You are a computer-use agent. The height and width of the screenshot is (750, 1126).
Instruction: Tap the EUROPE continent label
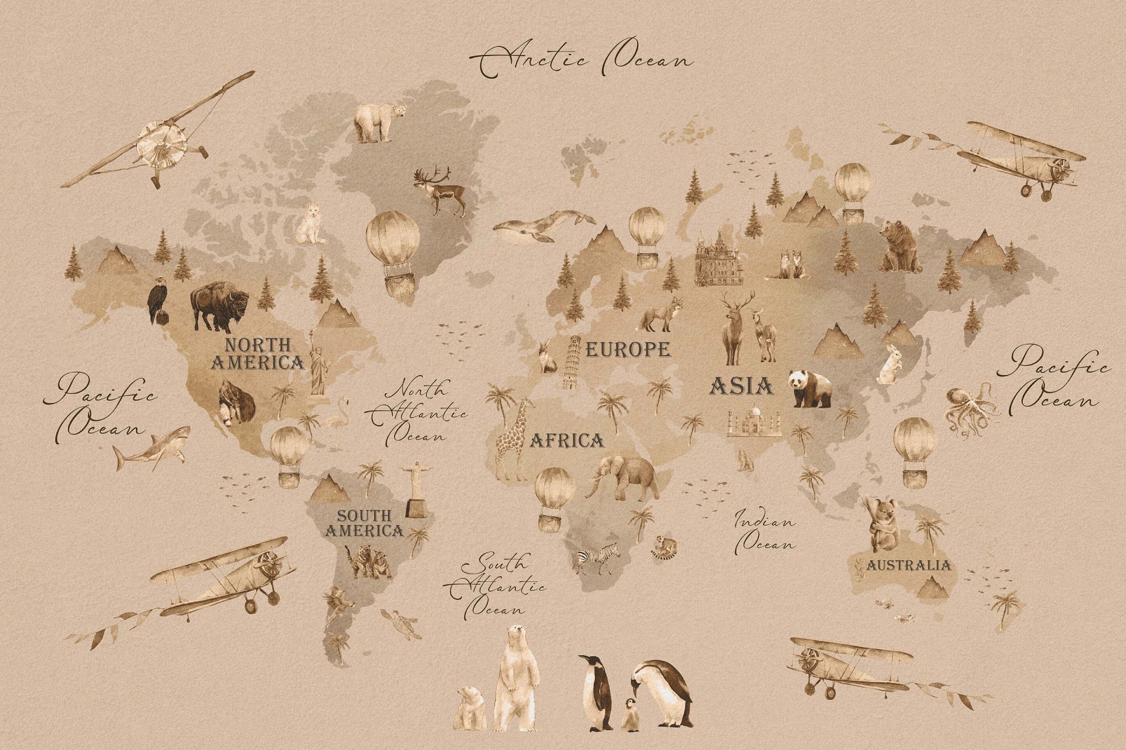628,350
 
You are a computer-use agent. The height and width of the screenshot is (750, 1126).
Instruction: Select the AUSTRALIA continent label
908,565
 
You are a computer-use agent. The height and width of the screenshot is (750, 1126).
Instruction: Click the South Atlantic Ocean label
496,585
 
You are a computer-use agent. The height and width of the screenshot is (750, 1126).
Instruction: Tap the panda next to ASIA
810,388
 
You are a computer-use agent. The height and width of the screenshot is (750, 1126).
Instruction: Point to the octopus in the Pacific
971,410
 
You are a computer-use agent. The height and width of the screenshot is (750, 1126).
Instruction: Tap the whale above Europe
542,226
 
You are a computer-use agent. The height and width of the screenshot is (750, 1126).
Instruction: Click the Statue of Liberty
318,363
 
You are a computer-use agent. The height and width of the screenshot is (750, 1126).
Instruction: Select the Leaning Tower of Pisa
572,362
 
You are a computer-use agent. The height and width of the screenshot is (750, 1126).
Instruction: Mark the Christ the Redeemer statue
417,489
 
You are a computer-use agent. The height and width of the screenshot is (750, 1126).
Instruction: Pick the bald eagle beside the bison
157,301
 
